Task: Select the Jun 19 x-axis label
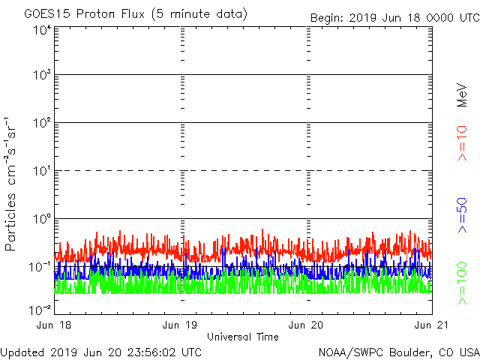click(x=181, y=324)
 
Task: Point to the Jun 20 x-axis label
click(x=307, y=324)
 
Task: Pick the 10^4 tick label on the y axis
click(x=41, y=31)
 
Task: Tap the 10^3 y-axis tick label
click(x=41, y=76)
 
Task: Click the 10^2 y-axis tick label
click(x=41, y=123)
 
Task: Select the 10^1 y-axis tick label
click(x=41, y=171)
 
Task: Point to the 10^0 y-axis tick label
click(x=41, y=219)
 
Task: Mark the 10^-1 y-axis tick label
click(x=40, y=267)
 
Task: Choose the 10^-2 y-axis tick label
click(x=40, y=309)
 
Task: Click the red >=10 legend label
click(x=462, y=144)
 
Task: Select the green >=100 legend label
click(x=462, y=283)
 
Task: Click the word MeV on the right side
click(x=462, y=96)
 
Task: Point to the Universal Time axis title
click(x=244, y=337)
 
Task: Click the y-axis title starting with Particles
click(x=12, y=183)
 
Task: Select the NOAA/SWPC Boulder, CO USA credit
click(x=398, y=352)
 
